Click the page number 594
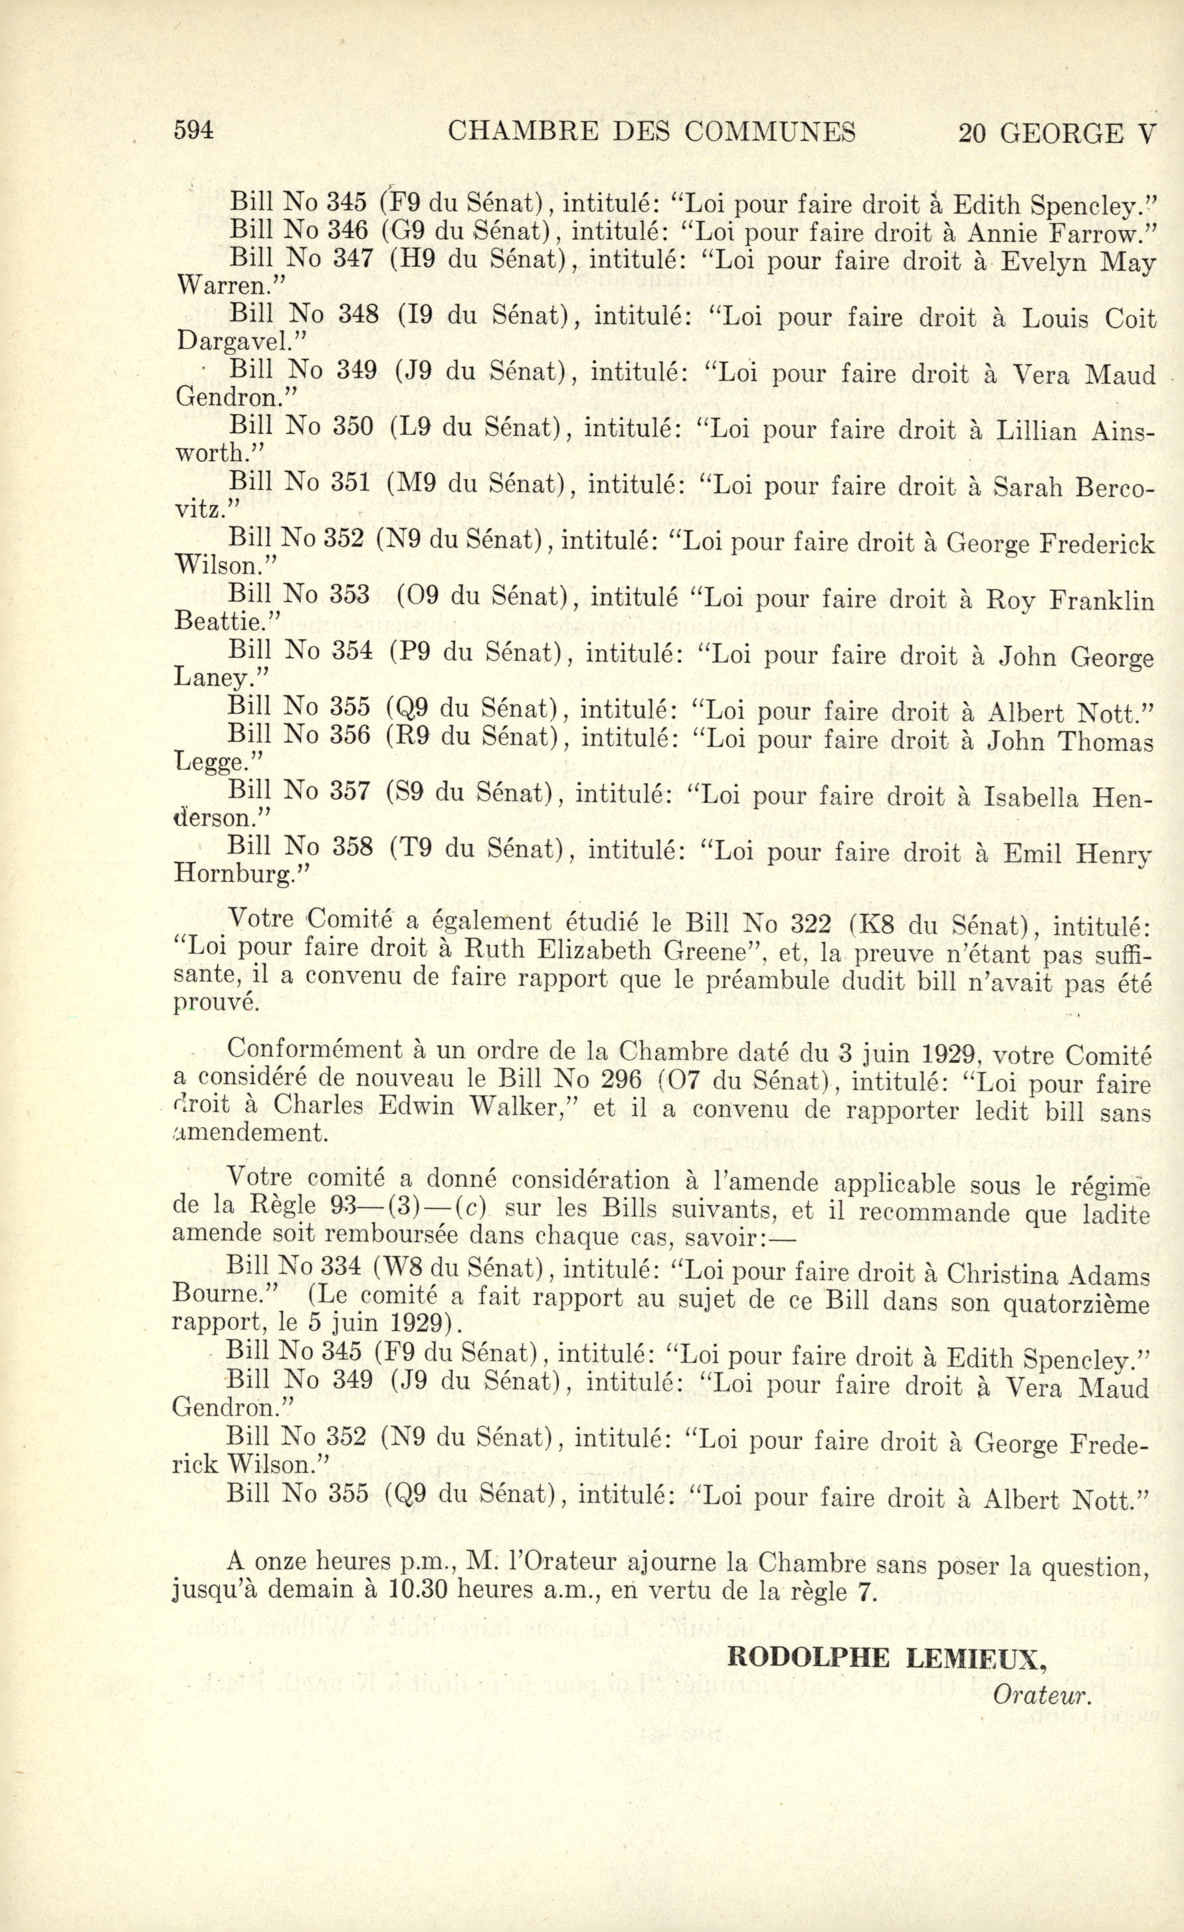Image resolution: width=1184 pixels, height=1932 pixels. pos(193,131)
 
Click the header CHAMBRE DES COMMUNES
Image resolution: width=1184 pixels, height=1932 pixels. pos(652,132)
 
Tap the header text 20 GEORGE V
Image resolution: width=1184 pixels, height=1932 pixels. pos(1056,134)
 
